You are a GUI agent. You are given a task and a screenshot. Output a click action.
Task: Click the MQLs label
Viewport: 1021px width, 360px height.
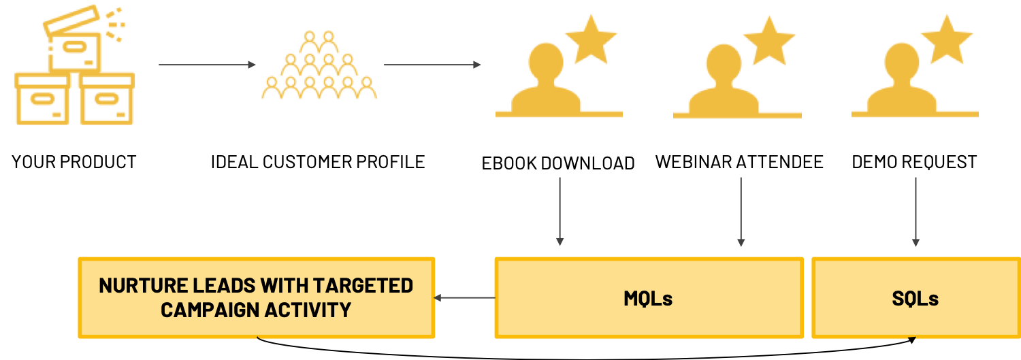click(648, 299)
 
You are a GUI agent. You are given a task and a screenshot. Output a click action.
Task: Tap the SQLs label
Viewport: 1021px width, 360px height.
click(915, 299)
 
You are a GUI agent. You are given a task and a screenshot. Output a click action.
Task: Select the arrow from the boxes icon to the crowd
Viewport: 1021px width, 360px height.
click(207, 65)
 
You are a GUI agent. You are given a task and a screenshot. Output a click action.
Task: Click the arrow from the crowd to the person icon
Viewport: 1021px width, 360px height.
click(432, 65)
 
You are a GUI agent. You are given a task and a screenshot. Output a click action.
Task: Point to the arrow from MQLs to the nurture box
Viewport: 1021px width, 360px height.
click(464, 298)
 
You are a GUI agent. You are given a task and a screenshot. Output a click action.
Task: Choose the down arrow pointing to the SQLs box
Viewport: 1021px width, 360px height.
click(915, 211)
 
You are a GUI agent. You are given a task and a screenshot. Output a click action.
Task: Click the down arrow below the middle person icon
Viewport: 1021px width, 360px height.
click(741, 211)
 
